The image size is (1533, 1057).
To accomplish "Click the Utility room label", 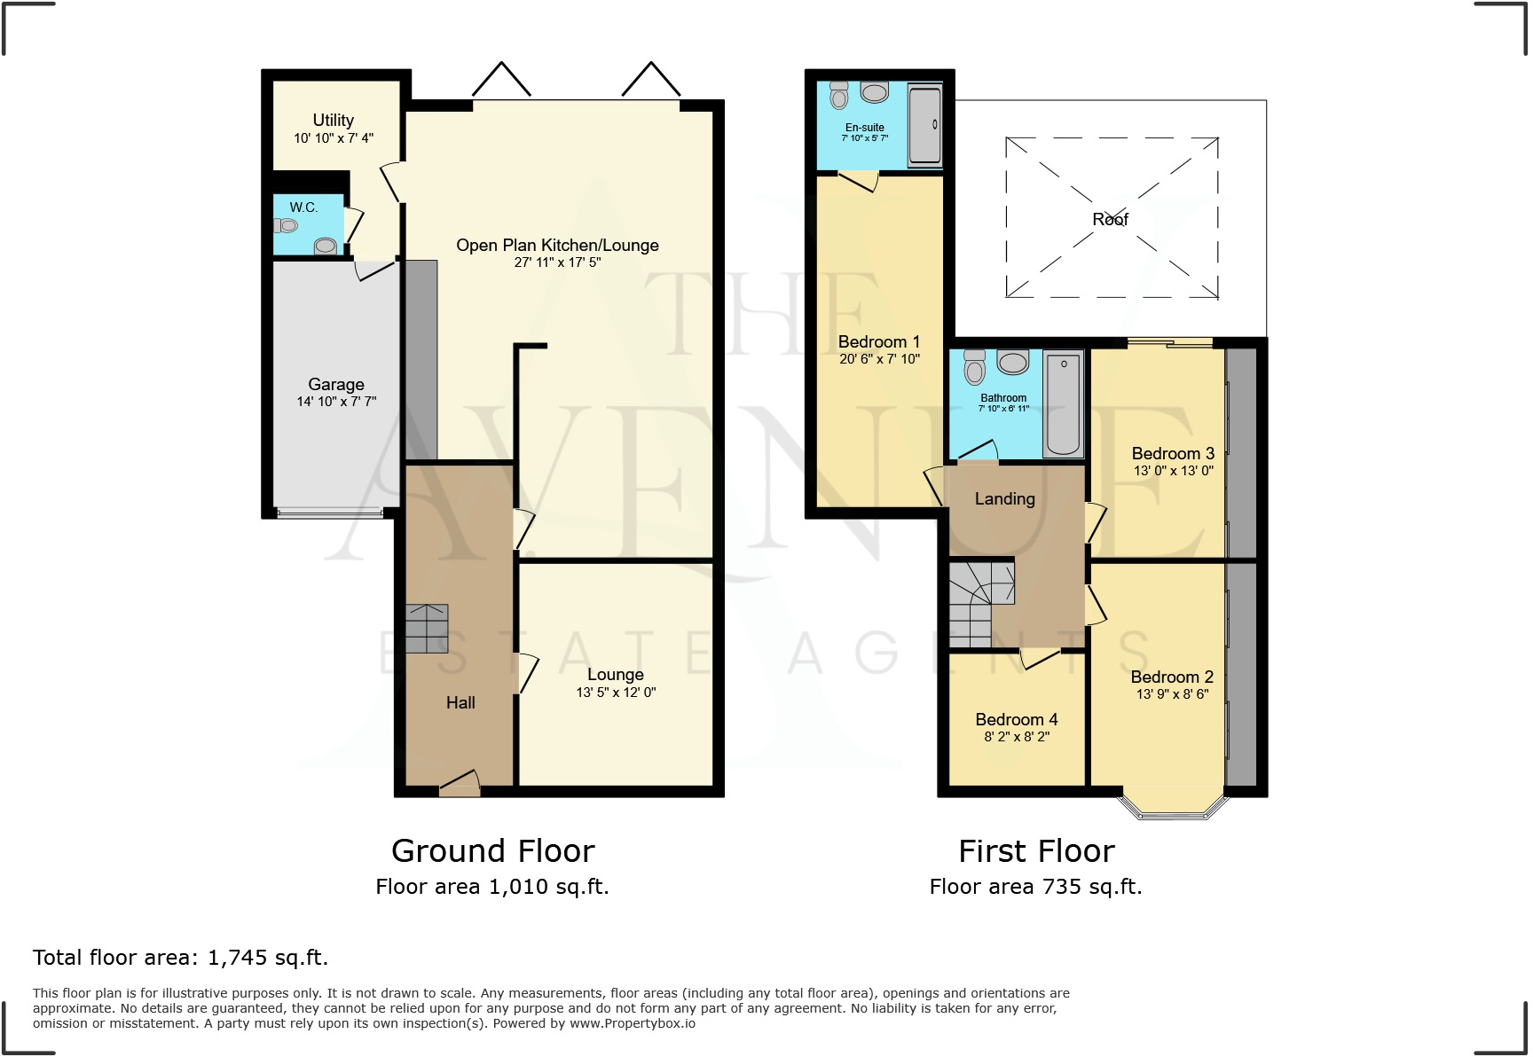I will coord(333,120).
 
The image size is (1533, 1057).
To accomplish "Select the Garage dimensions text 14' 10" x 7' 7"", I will coord(336,402).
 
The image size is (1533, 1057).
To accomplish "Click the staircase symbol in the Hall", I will coord(427,629).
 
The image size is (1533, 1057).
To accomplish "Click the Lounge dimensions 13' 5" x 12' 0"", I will coord(616,693).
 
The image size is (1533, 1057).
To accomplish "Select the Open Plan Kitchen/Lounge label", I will coord(557,246).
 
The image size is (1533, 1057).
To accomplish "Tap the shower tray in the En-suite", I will coord(924,126).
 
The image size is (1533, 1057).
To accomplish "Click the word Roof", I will coord(1110,219).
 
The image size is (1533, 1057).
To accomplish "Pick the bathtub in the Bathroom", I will coord(1064,403).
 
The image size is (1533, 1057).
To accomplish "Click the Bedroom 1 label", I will coord(878,341).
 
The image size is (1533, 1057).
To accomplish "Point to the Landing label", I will coord(1004,499).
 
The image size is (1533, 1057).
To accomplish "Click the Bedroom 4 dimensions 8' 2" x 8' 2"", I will coord(1017,737).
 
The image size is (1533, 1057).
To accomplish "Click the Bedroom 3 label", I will coord(1173,453).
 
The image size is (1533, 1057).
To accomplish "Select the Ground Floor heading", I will coord(492,851).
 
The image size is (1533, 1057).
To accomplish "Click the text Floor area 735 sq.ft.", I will coord(1035,887).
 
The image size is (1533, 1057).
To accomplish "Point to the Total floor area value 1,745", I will coord(238,958).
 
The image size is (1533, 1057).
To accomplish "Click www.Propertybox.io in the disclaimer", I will coord(632,1023).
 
